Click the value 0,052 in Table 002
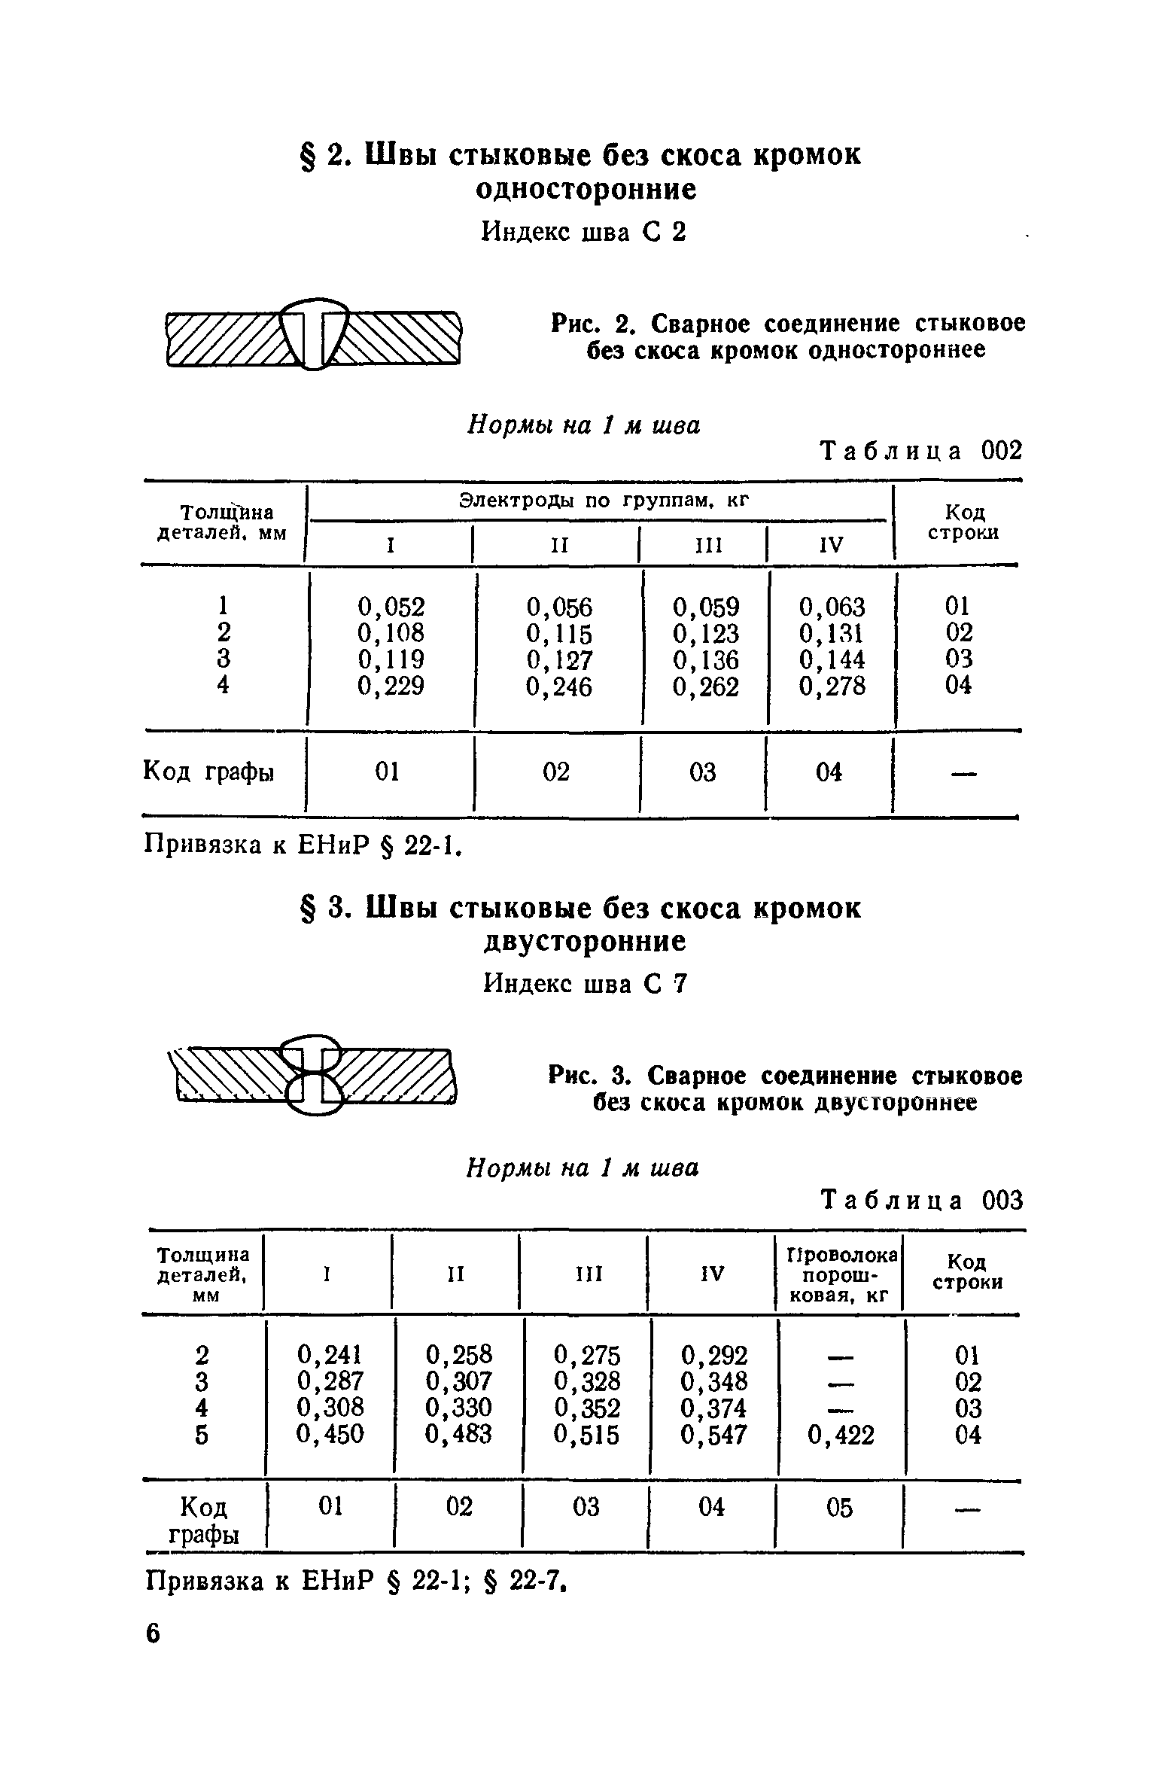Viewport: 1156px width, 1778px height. [x=391, y=607]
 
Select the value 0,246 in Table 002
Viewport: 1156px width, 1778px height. [x=559, y=687]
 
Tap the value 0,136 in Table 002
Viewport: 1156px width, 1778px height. [x=705, y=660]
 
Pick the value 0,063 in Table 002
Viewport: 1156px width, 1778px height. [x=832, y=607]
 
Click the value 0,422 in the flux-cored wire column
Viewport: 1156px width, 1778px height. [x=841, y=1435]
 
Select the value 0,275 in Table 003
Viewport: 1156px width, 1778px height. [x=586, y=1355]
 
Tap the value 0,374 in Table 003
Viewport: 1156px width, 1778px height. [x=713, y=1408]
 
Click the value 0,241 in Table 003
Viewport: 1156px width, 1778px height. [x=330, y=1355]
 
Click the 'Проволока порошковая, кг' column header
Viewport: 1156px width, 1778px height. [x=841, y=1275]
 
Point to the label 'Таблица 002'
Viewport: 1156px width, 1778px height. [x=921, y=451]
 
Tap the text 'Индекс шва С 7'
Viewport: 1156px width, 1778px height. [x=585, y=984]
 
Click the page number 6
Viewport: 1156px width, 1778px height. [x=153, y=1634]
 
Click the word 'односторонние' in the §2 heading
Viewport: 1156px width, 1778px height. [x=586, y=190]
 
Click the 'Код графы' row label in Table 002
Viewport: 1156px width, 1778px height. [x=208, y=772]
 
